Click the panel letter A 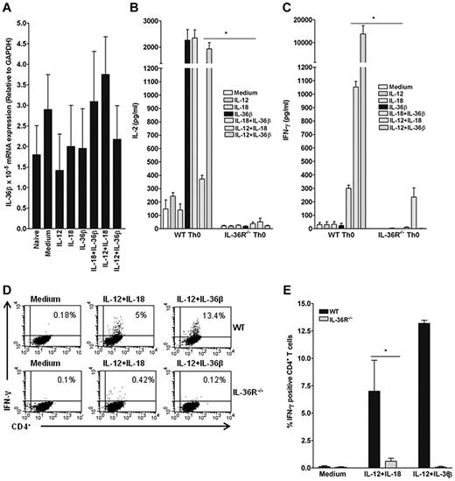pyautogui.click(x=8, y=8)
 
